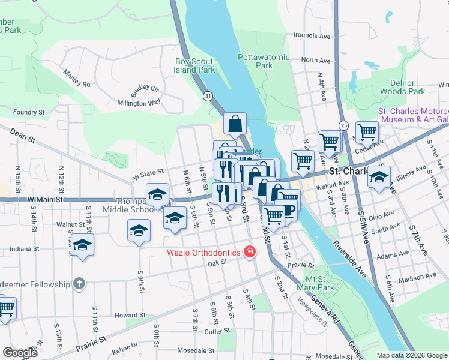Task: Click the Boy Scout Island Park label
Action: pyautogui.click(x=194, y=65)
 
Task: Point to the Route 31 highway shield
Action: pyautogui.click(x=208, y=96)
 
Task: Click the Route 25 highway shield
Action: pyautogui.click(x=343, y=125)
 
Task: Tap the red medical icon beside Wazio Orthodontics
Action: pyautogui.click(x=249, y=253)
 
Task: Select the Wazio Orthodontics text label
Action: pyautogui.click(x=203, y=253)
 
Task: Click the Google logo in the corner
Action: pyautogui.click(x=20, y=353)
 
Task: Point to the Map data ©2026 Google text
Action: pyautogui.click(x=411, y=355)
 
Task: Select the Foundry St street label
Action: pyautogui.click(x=29, y=112)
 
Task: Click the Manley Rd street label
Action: pyautogui.click(x=76, y=79)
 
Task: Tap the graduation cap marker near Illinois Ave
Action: pyautogui.click(x=379, y=177)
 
